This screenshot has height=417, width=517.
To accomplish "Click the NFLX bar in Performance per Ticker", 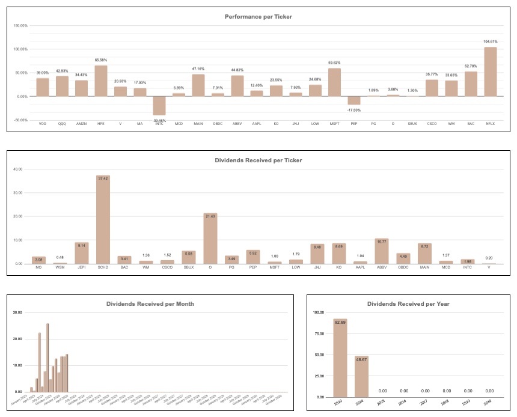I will (x=491, y=72).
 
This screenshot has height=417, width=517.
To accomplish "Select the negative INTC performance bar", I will (x=159, y=106).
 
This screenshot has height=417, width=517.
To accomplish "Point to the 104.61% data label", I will (x=491, y=42).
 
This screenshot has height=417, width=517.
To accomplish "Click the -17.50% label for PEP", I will (x=353, y=110).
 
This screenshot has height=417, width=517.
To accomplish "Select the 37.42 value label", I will (x=103, y=178).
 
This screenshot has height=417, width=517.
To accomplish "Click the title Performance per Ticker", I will (x=258, y=16).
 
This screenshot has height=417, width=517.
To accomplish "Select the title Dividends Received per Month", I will (x=151, y=304).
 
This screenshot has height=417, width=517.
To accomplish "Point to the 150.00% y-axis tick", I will (x=20, y=26).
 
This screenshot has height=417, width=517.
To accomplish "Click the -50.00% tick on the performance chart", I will (x=20, y=120).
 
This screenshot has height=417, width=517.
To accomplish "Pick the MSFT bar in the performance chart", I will (x=334, y=82).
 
